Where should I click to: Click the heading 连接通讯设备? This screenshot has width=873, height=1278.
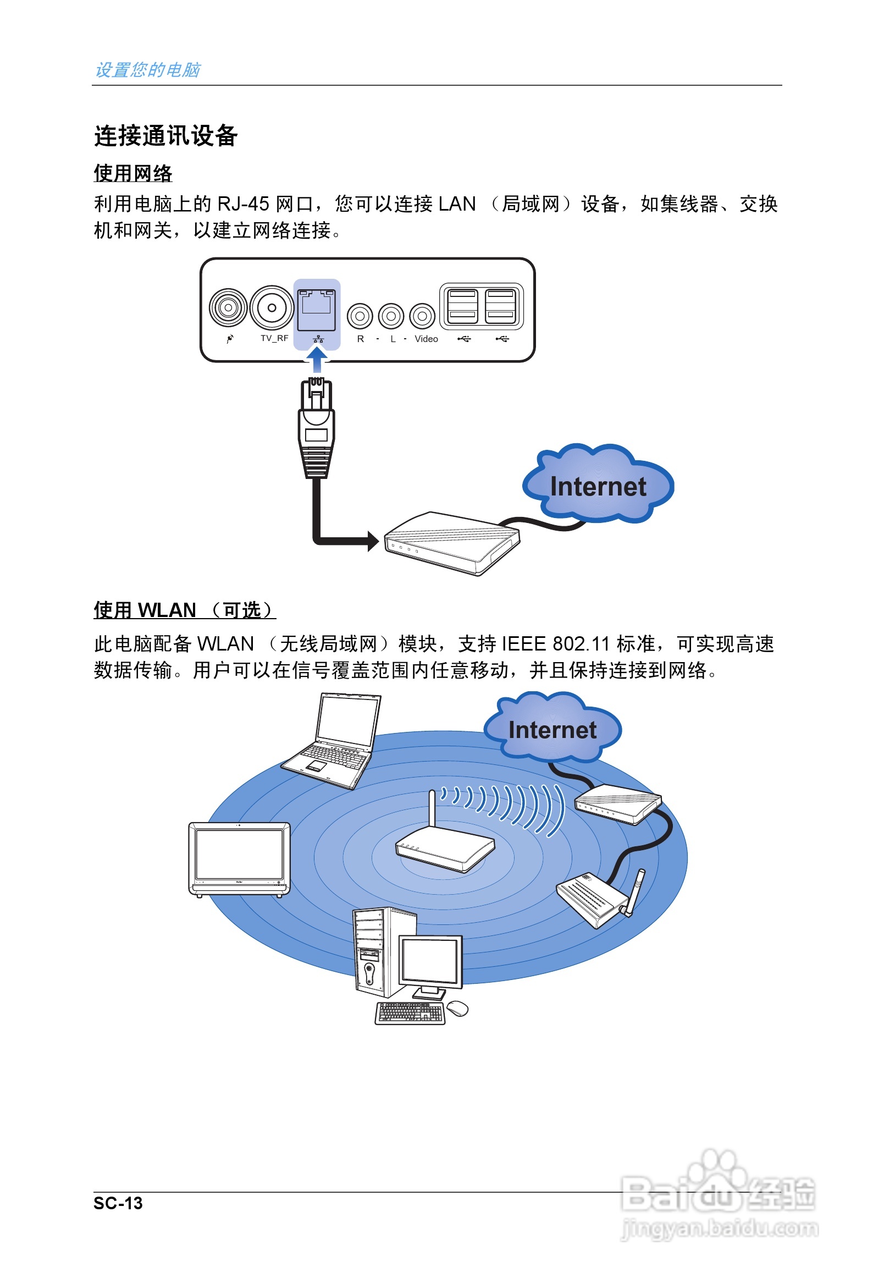click(x=165, y=136)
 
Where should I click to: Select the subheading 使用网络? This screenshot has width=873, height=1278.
click(x=133, y=174)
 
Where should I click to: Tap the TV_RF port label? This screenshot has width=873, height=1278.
click(x=274, y=338)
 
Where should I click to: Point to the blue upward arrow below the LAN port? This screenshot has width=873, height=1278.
click(x=317, y=360)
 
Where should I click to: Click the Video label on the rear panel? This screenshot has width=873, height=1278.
click(x=426, y=339)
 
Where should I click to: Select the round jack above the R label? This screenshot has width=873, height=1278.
click(x=360, y=316)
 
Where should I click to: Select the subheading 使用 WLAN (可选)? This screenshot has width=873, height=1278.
click(x=184, y=610)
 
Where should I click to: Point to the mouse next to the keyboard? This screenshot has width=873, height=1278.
click(x=457, y=1009)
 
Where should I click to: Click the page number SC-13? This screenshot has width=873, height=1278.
click(x=118, y=1204)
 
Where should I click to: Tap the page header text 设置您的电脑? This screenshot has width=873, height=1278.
click(x=147, y=70)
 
